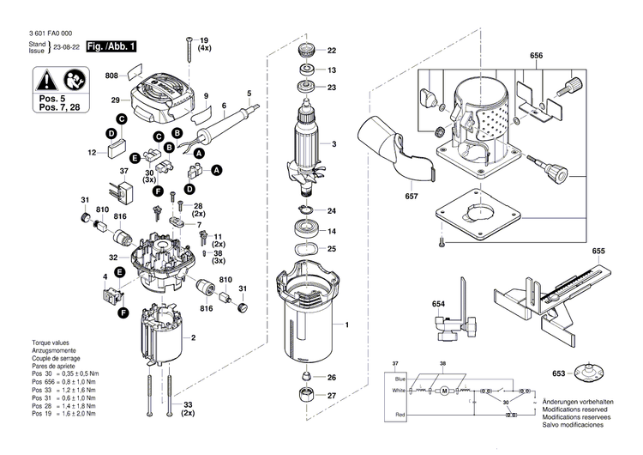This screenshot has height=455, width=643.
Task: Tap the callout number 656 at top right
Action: pyautogui.click(x=537, y=56)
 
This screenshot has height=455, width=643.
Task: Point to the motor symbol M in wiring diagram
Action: pyautogui.click(x=444, y=391)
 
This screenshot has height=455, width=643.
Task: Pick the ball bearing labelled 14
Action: pyautogui.click(x=306, y=231)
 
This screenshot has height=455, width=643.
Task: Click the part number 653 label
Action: pyautogui.click(x=558, y=373)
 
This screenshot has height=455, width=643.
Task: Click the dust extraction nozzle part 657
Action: pyautogui.click(x=403, y=146)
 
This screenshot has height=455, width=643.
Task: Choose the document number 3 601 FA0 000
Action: pyautogui.click(x=50, y=33)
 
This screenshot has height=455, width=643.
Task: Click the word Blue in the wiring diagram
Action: pyautogui.click(x=400, y=377)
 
